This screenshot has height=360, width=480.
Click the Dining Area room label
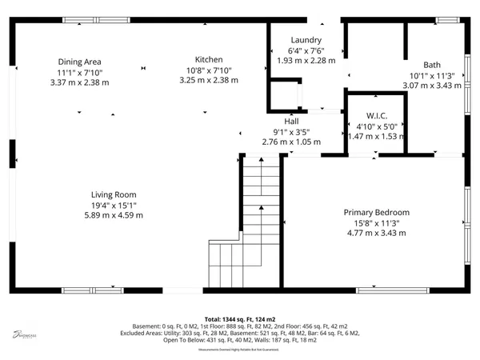pyautogui.click(x=79, y=62)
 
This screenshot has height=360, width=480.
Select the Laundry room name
pyautogui.click(x=306, y=40)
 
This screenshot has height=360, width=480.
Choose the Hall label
pyautogui.click(x=291, y=122)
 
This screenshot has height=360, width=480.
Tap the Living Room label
pyautogui.click(x=113, y=194)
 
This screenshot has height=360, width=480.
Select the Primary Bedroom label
pyautogui.click(x=376, y=212)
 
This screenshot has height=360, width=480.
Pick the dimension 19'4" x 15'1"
pyautogui.click(x=113, y=205)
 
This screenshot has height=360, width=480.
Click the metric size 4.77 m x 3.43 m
pyautogui.click(x=376, y=233)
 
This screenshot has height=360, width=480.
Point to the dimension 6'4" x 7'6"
pyautogui.click(x=306, y=50)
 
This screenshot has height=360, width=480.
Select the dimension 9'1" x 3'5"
pyautogui.click(x=291, y=132)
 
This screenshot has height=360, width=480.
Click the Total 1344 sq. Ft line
pyautogui.click(x=240, y=318)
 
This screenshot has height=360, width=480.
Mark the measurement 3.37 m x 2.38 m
pyautogui.click(x=79, y=82)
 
